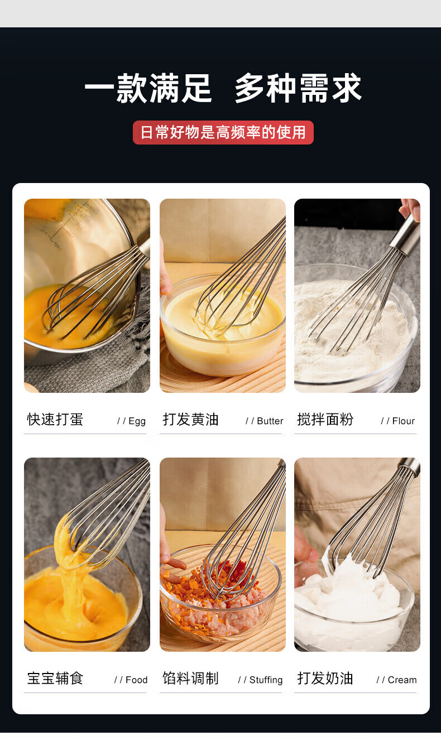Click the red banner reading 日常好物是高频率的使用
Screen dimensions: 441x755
(x=223, y=132)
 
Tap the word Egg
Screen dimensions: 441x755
(x=137, y=421)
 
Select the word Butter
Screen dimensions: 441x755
(x=270, y=421)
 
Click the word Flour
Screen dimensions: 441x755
(x=403, y=421)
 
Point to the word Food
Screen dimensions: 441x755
(x=136, y=680)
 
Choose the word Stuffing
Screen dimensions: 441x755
(x=266, y=680)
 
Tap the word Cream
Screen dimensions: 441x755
(x=402, y=680)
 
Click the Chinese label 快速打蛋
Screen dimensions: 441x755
(x=55, y=420)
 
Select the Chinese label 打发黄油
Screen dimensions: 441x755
(x=190, y=420)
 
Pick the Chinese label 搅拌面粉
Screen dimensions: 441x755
(x=325, y=420)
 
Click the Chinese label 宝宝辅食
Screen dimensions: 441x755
(x=55, y=679)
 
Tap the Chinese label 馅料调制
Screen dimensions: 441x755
(x=190, y=679)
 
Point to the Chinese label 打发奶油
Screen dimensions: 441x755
(x=325, y=679)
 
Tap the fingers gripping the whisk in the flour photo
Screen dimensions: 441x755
(x=410, y=209)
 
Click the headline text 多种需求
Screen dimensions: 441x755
(x=298, y=88)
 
